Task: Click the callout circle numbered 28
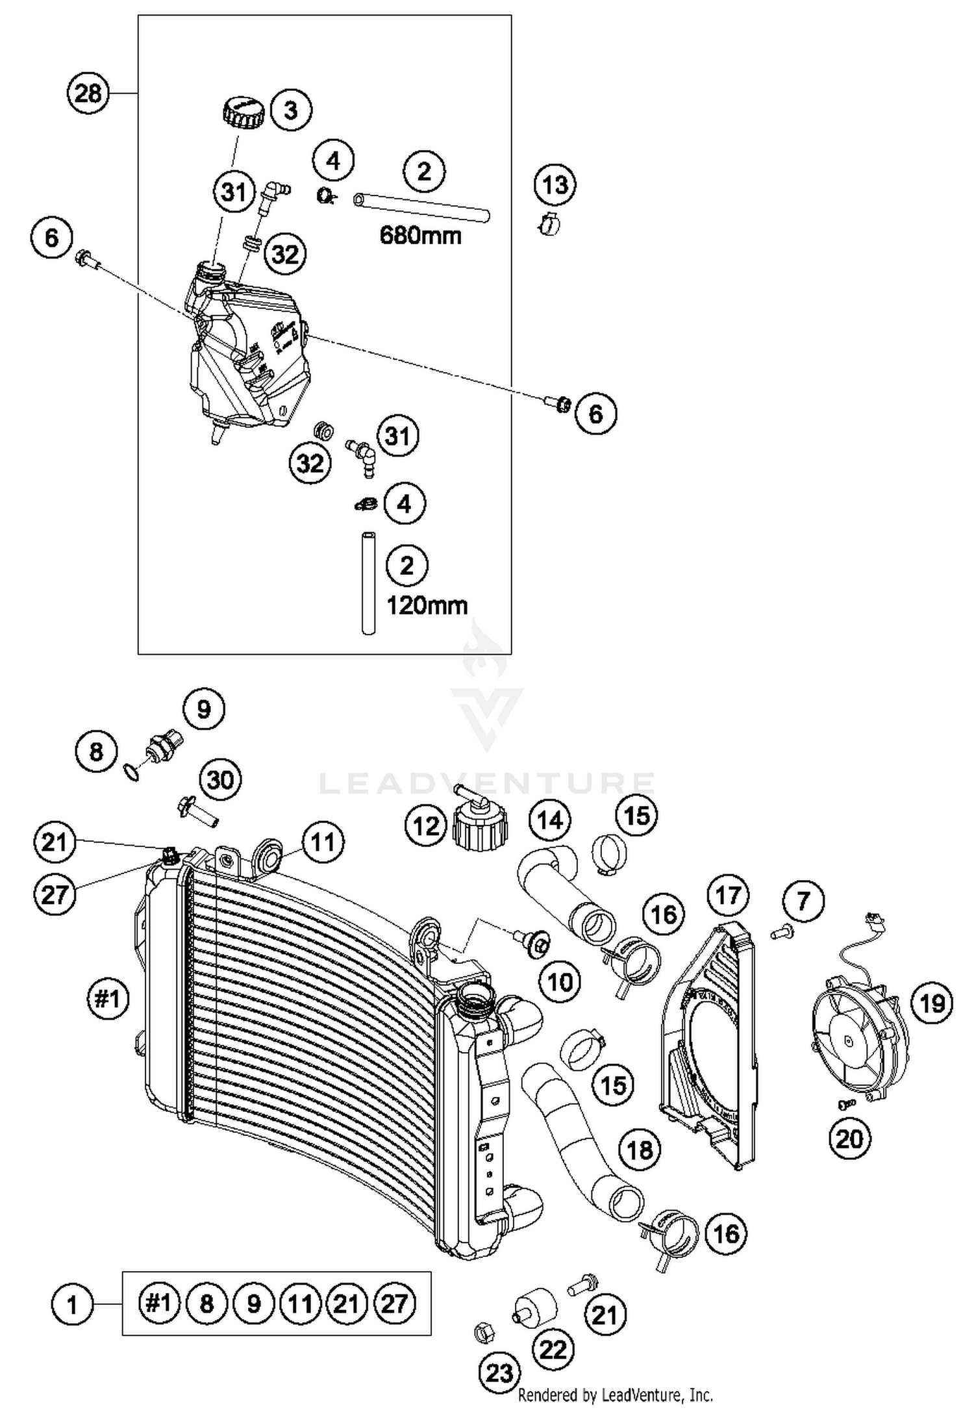88,94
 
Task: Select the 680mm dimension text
420,234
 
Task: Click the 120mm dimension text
427,605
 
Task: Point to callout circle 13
555,186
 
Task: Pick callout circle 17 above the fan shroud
727,896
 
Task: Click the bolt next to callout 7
779,933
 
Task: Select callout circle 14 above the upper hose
549,820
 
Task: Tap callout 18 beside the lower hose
640,1150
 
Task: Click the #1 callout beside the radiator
108,998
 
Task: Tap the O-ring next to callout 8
131,772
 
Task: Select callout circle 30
220,779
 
